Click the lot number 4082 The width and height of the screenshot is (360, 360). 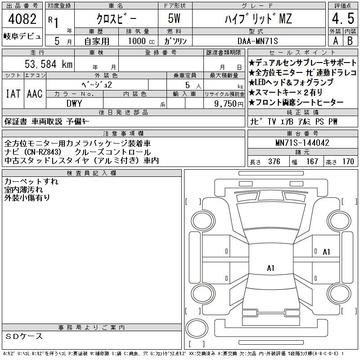coord(22,19)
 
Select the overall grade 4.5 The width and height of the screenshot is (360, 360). coord(343,18)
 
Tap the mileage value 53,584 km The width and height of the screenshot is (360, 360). coord(49,64)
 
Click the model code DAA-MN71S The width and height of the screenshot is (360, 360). coord(257,41)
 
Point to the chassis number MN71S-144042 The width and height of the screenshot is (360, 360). coord(302,143)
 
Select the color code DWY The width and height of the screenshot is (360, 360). coord(74,103)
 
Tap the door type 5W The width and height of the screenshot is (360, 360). coord(174,18)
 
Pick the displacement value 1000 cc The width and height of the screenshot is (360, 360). coord(141,41)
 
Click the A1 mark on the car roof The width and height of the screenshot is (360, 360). coord(271,268)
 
